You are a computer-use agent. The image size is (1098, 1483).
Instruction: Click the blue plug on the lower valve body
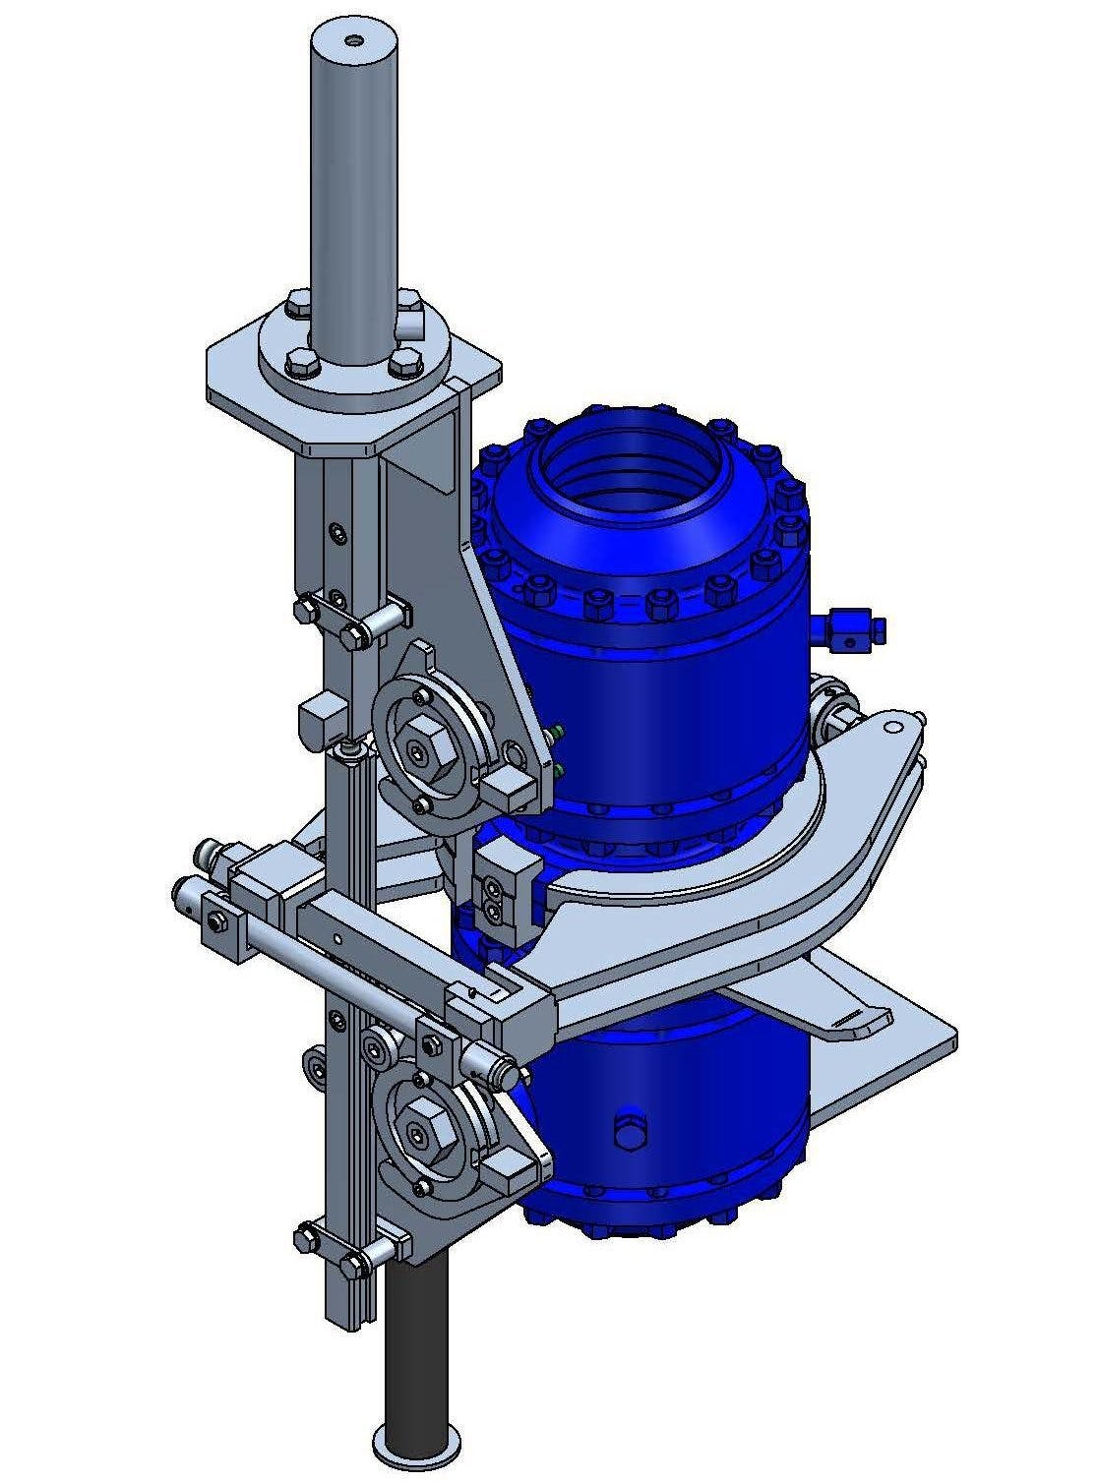point(630,1130)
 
